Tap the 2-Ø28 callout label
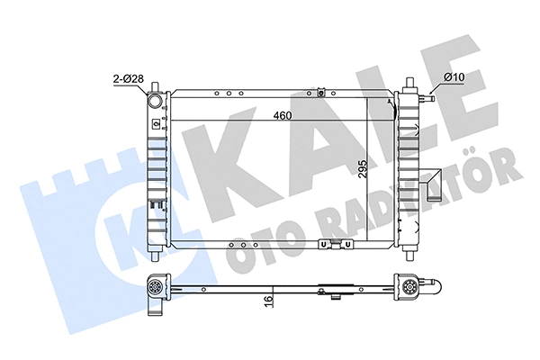point(129,83)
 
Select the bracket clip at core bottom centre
point(334,244)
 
